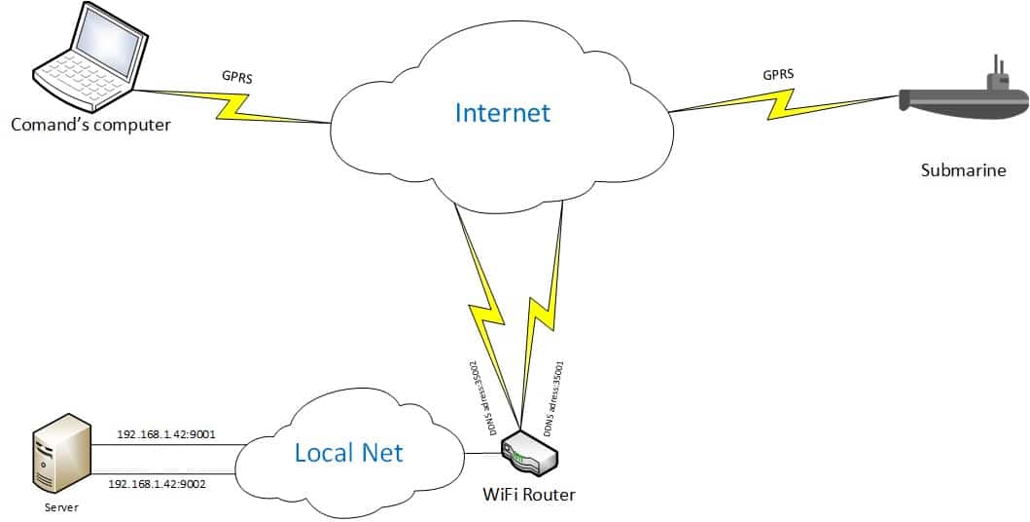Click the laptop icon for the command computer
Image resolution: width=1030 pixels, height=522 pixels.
tap(91, 56)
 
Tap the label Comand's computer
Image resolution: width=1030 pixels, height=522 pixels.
tap(90, 125)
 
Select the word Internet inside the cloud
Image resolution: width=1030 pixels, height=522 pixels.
tap(503, 112)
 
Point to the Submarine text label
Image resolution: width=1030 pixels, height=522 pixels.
tap(963, 170)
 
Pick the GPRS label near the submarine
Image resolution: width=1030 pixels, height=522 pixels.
tap(778, 74)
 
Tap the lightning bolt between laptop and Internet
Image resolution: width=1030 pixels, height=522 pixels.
tap(232, 106)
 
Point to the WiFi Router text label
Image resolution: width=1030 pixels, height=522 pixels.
tap(529, 494)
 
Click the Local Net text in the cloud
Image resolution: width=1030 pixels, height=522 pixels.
tap(348, 452)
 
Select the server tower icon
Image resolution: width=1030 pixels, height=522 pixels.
tap(61, 455)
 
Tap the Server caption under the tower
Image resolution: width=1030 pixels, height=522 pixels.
tap(61, 507)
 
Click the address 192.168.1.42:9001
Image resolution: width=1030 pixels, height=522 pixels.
tap(166, 434)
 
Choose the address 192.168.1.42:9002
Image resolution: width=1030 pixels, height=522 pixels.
tap(157, 484)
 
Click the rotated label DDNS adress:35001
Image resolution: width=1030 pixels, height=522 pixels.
tap(554, 397)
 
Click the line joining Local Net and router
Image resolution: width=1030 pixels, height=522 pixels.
tap(483, 453)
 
